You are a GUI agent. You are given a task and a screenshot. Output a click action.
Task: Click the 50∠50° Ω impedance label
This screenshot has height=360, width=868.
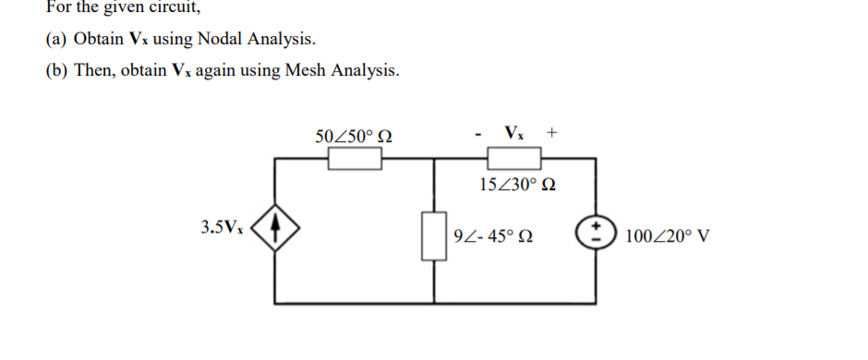(x=354, y=137)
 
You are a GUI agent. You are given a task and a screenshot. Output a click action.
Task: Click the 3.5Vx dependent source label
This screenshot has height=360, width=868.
(x=223, y=226)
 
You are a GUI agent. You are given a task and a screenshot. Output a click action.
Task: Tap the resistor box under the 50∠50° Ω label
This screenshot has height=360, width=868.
(x=356, y=160)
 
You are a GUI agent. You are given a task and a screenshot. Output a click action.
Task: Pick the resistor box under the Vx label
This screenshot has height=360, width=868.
(x=514, y=160)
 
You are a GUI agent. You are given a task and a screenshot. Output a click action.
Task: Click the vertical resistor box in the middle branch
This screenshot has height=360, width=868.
(x=433, y=234)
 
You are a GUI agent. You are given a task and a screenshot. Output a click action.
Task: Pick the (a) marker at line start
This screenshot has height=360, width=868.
(x=56, y=40)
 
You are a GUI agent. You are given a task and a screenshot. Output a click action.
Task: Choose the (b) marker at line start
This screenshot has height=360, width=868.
(x=57, y=71)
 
